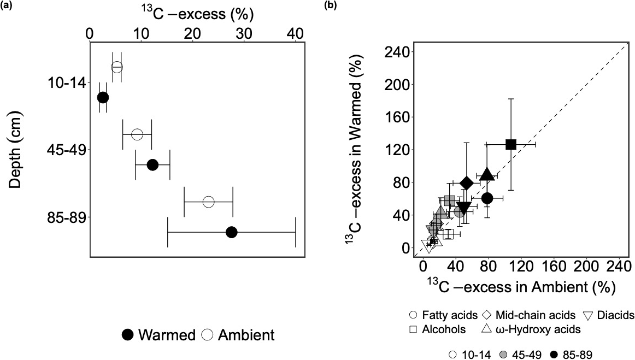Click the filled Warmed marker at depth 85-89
[x=231, y=232]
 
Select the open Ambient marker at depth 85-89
[x=208, y=202]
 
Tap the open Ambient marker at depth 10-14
[x=116, y=67]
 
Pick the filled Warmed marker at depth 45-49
[x=153, y=164]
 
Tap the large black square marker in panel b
[x=511, y=144]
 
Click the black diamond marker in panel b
[x=467, y=182]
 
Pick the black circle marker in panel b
[x=487, y=198]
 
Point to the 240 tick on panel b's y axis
[x=397, y=52]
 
